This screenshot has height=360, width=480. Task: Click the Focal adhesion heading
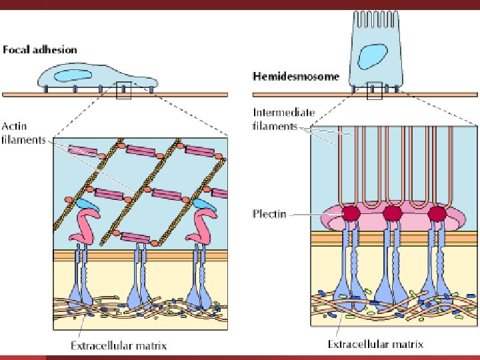40,50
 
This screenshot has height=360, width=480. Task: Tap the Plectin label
269,214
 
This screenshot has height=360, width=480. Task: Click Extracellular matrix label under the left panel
119,345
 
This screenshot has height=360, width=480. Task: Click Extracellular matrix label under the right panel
375,345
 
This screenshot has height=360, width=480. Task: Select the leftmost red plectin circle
351,213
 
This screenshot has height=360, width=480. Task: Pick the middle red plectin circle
393,213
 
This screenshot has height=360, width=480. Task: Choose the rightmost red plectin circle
437,213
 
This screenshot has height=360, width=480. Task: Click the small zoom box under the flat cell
123,90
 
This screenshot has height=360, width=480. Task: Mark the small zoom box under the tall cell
374,90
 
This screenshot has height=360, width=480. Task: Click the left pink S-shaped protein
86,227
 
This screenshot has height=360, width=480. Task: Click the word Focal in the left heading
15,50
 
